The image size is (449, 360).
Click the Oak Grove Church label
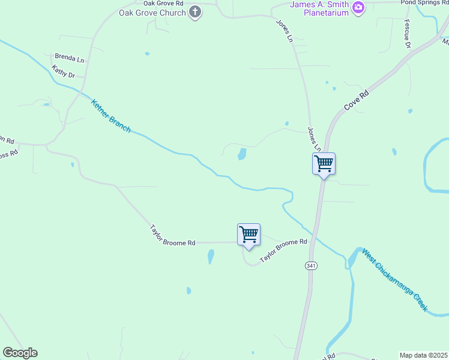pyautogui.click(x=152, y=12)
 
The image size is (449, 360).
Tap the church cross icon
pyautogui.click(x=195, y=12)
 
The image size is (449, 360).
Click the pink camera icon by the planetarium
pyautogui.click(x=358, y=7)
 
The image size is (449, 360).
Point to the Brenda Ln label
pyautogui.click(x=69, y=58)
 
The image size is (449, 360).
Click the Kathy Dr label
pyautogui.click(x=63, y=71)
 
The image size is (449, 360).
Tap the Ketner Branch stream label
pyautogui.click(x=110, y=116)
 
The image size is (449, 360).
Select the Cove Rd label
pyautogui.click(x=356, y=100)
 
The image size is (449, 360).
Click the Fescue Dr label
pyautogui.click(x=407, y=34)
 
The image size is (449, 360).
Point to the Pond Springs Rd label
pyautogui.click(x=424, y=2)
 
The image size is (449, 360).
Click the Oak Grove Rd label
pyautogui.click(x=163, y=3)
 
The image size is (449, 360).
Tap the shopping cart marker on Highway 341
pyautogui.click(x=324, y=164)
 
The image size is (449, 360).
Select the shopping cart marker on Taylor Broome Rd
pyautogui.click(x=249, y=235)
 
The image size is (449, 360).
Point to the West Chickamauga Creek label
pyautogui.click(x=394, y=279)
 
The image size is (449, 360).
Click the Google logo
pyautogui.click(x=20, y=353)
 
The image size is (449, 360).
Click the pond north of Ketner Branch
pyautogui.click(x=242, y=154)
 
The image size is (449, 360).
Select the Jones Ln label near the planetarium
pyautogui.click(x=284, y=31)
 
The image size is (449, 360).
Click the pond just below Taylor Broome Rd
pyautogui.click(x=211, y=257)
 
